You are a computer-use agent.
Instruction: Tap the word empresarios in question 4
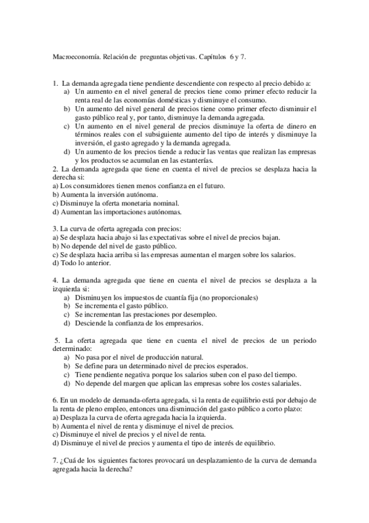coord(183,323)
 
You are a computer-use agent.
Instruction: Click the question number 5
coord(56,340)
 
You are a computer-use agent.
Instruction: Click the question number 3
coord(55,229)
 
